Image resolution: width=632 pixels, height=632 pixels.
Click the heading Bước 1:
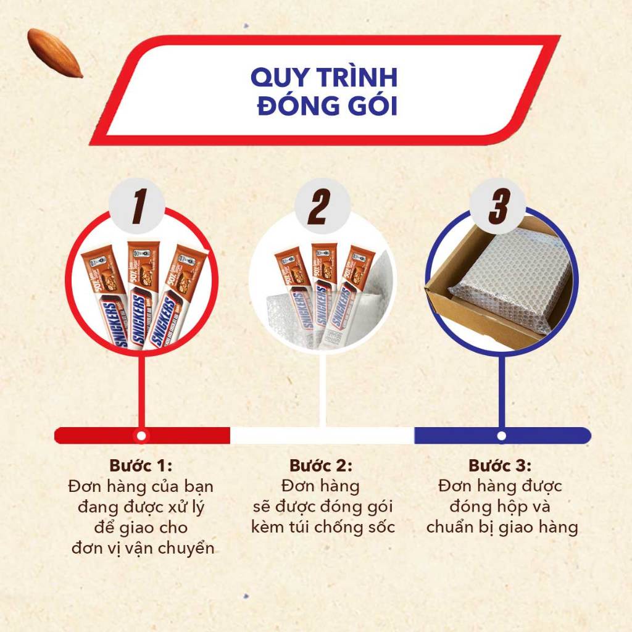(x=141, y=465)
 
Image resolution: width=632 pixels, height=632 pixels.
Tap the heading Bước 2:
(x=321, y=465)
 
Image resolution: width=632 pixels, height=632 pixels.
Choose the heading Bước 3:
(x=500, y=465)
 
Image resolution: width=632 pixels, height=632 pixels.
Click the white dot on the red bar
(x=141, y=436)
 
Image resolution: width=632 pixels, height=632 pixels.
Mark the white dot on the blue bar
(x=502, y=436)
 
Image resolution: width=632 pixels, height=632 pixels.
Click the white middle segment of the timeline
(x=322, y=436)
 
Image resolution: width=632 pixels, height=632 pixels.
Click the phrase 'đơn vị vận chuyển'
(x=142, y=548)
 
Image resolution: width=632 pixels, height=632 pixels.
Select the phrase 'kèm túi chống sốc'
(x=322, y=528)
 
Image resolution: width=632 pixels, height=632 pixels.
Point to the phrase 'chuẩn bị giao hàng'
(x=501, y=528)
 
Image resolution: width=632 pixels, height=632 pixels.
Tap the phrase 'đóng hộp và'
(x=500, y=507)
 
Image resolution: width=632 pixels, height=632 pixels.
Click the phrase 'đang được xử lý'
(x=141, y=507)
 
